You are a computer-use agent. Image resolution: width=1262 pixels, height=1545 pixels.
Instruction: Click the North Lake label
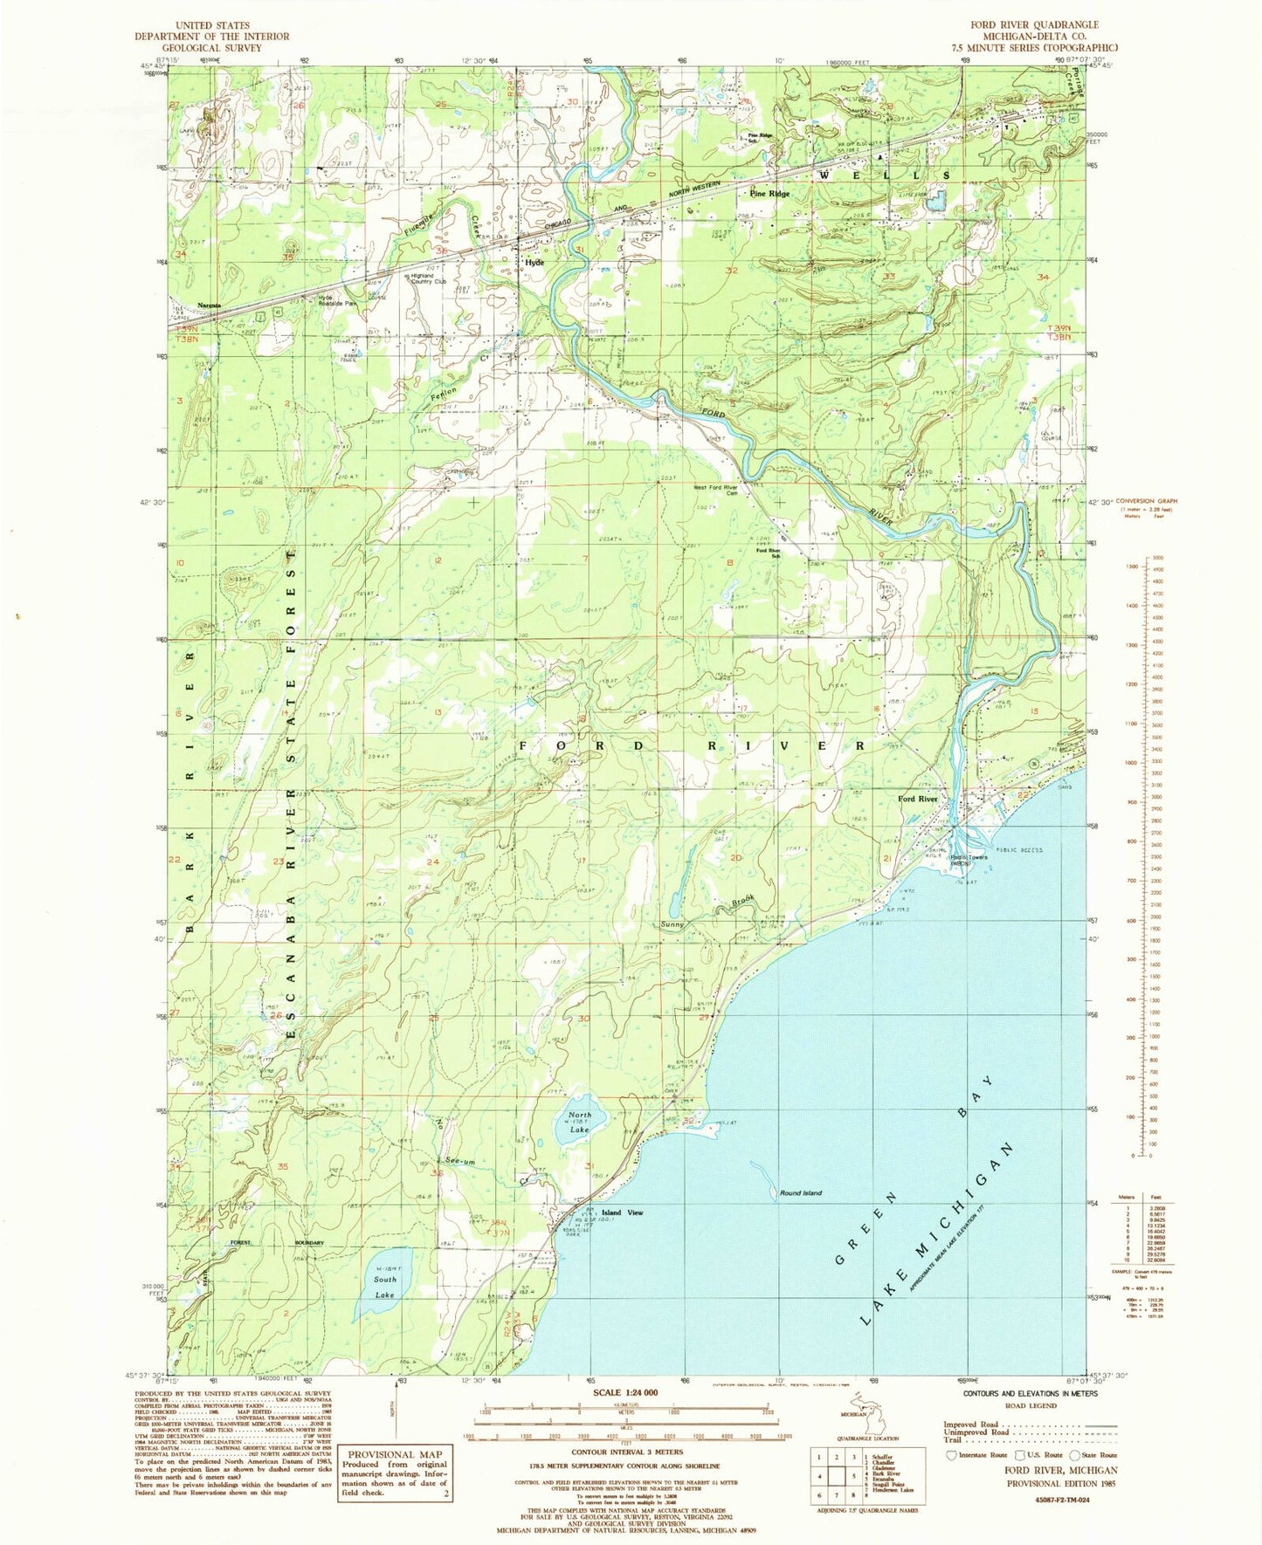click(580, 1122)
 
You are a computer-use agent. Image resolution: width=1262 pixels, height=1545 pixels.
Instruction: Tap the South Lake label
click(384, 1287)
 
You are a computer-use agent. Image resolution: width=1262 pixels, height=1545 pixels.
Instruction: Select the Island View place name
click(623, 1212)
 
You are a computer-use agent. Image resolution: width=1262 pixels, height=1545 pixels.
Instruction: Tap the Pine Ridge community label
click(769, 194)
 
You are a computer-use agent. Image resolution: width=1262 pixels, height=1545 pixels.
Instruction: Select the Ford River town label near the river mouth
click(918, 799)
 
